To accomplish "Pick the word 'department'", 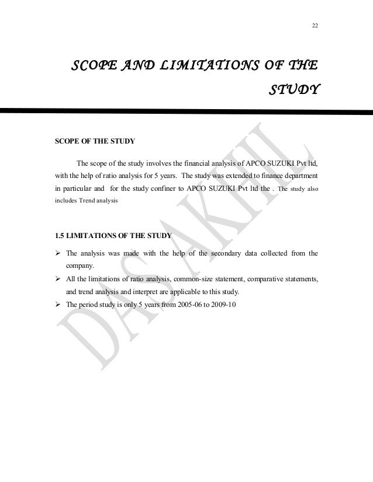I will pos(298,175).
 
